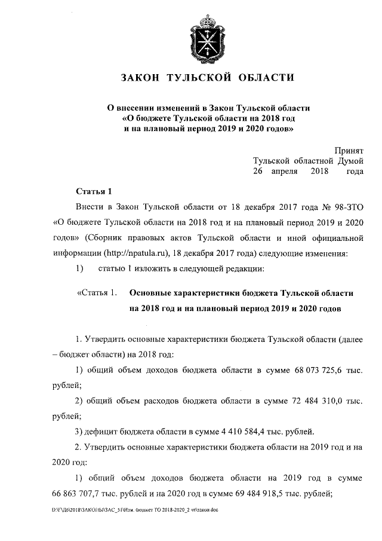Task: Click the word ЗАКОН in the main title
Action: pyautogui.click(x=141, y=78)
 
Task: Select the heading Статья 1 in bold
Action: pyautogui.click(x=94, y=191)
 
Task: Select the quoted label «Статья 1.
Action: pyautogui.click(x=96, y=294)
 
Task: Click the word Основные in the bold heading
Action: pyautogui.click(x=152, y=294)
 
